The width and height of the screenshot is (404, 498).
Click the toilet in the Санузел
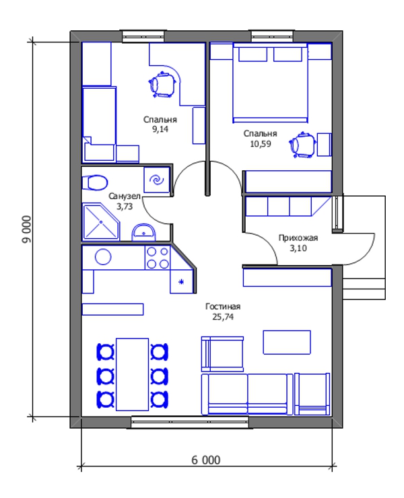click(x=94, y=182)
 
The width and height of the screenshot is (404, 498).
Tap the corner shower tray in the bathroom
click(x=101, y=221)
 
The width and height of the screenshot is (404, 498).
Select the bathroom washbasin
click(x=143, y=232)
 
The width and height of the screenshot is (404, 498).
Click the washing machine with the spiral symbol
click(x=157, y=180)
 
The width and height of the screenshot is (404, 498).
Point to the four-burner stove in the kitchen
click(x=158, y=258)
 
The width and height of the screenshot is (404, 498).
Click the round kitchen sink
click(x=103, y=257)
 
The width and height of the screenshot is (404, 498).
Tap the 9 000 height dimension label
click(x=28, y=229)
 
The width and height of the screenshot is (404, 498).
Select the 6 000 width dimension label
click(x=205, y=460)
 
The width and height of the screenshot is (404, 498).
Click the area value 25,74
click(x=223, y=317)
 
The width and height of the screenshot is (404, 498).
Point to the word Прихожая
click(x=298, y=238)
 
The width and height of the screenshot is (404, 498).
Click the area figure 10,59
click(x=261, y=144)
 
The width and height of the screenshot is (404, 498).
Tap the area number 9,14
click(x=160, y=129)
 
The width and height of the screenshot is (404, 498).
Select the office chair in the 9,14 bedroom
click(x=163, y=85)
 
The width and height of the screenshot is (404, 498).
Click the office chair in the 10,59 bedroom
click(x=302, y=145)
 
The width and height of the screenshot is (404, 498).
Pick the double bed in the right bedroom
click(x=271, y=83)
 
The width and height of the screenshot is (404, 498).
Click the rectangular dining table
click(x=132, y=374)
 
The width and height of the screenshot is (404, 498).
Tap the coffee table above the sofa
click(x=287, y=342)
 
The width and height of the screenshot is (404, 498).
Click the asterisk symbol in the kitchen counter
click(x=181, y=281)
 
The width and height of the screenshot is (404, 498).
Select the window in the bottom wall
click(x=190, y=422)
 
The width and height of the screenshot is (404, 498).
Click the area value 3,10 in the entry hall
click(x=298, y=248)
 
